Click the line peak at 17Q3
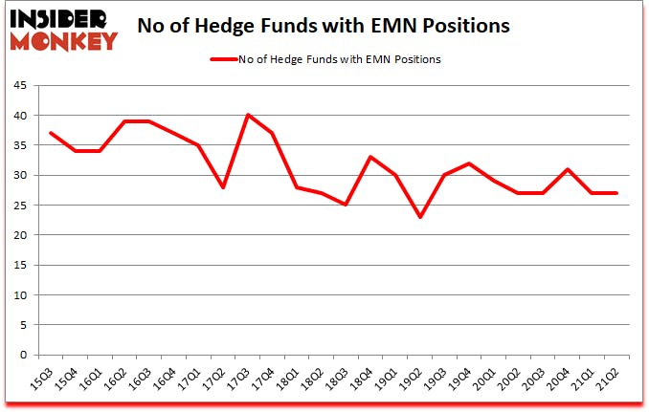tap(248, 115)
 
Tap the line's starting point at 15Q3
tap(49, 133)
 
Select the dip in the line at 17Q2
tap(223, 186)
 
